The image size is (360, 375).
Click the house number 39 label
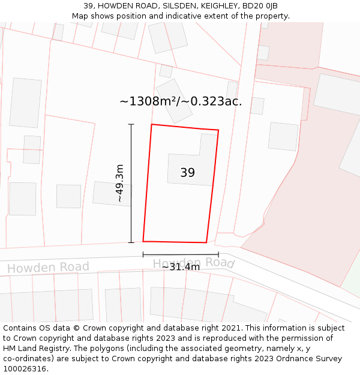pyautogui.click(x=187, y=173)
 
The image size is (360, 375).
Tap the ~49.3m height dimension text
pyautogui.click(x=119, y=183)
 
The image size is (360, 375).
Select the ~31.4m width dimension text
pyautogui.click(x=181, y=266)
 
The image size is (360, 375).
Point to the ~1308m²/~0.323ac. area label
pyautogui.click(x=181, y=101)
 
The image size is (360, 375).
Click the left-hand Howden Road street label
pyautogui.click(x=48, y=268)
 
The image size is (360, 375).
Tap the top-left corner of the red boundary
pyautogui.click(x=151, y=124)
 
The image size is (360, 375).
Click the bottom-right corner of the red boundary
pyautogui.click(x=206, y=242)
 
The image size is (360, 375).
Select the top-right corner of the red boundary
pyautogui.click(x=218, y=130)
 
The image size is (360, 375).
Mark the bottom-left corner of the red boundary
pyautogui.click(x=143, y=241)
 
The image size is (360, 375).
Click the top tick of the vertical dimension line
pyautogui.click(x=131, y=124)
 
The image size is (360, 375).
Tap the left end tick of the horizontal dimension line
pyautogui.click(x=143, y=254)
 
